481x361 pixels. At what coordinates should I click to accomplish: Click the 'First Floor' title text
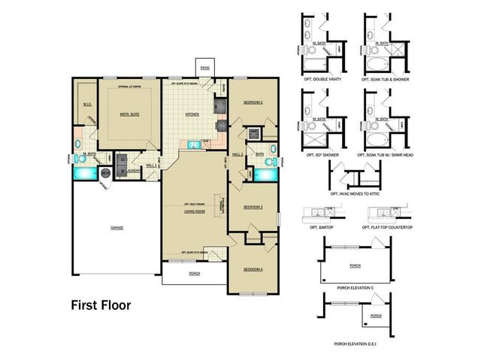(x=101, y=305)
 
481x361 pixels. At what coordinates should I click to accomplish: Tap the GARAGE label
(x=116, y=227)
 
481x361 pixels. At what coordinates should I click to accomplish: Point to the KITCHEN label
(x=192, y=115)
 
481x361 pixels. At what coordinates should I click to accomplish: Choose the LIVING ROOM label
(x=195, y=211)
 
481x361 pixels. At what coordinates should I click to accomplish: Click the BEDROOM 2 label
(x=253, y=102)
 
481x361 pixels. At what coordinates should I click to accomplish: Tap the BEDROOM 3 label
(x=253, y=207)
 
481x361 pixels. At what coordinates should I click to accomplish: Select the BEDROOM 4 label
(x=253, y=269)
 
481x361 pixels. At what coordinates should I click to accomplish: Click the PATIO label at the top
(x=204, y=67)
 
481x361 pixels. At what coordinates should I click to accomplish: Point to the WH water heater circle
(x=106, y=174)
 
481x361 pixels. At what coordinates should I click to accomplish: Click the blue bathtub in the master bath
(x=85, y=174)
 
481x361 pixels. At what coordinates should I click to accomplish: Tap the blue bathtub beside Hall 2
(x=265, y=174)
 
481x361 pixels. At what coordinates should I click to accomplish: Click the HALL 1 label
(x=151, y=165)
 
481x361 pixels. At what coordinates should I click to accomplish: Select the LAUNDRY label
(x=135, y=171)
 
